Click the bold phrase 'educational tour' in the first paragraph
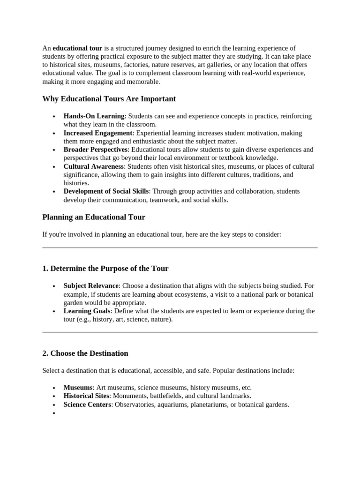pos(77,48)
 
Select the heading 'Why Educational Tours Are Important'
pos(109,99)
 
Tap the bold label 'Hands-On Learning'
pos(94,116)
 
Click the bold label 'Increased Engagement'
pos(98,133)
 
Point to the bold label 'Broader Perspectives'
pos(96,150)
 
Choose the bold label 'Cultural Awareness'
pos(94,166)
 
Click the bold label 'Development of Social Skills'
pos(106,191)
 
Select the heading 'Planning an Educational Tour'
pos(94,217)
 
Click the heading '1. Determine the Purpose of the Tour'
pos(105,269)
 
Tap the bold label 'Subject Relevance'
pos(91,285)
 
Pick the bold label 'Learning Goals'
pos(87,311)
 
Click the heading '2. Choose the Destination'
pos(85,353)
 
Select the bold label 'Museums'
pos(78,388)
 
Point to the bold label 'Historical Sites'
pos(89,396)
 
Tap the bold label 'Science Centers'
pos(87,405)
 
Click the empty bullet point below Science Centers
pos(54,413)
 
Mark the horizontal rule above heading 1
pos(180,247)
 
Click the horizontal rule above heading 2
pos(180,332)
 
